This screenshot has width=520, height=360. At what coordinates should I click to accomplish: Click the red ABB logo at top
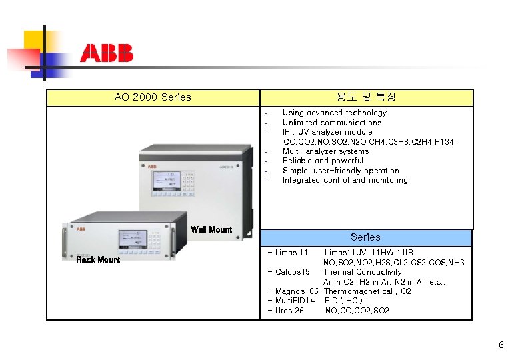coord(107,53)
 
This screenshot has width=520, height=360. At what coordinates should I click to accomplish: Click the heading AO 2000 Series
coord(153,97)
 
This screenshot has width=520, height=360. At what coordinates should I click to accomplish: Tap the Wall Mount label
coord(211,230)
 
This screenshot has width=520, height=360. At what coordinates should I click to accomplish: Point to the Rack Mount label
coord(97,259)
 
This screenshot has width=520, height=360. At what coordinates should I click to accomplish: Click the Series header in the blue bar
coord(365,237)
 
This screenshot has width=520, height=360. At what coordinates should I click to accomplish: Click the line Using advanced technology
coord(334,113)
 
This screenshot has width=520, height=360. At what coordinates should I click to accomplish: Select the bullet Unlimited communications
coord(331,123)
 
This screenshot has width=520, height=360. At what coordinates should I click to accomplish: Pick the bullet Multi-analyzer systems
coord(325,151)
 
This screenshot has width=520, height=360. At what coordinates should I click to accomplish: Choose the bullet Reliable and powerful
coord(323,161)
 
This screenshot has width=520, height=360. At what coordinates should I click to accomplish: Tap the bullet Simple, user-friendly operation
coord(340,171)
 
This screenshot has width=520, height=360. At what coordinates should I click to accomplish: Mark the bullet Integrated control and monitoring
coord(345,180)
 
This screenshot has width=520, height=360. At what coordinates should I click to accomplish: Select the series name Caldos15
coord(291,272)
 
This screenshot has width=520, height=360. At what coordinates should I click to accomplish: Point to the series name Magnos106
coord(295,291)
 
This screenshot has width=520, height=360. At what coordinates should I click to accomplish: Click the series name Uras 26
coord(288,311)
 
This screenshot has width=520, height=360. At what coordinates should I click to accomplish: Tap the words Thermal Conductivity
coord(362,272)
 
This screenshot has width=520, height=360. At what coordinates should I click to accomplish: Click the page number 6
coord(501,345)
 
